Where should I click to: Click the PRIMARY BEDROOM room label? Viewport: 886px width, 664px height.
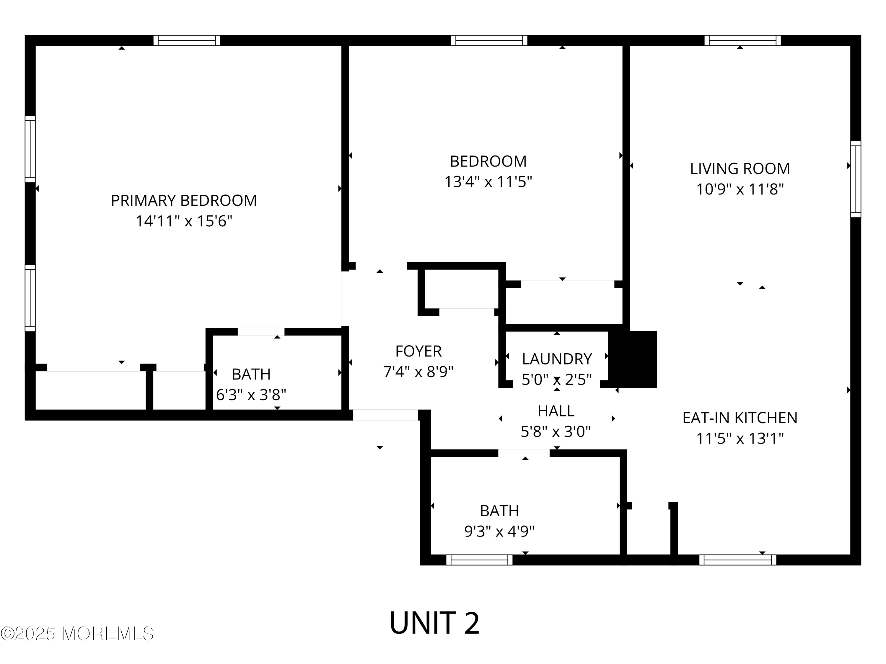coord(184,200)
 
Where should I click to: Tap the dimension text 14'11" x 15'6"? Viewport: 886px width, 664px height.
coord(184,221)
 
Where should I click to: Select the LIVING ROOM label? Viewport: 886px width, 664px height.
coord(740,169)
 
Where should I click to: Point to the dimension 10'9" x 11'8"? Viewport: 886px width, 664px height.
coord(740,189)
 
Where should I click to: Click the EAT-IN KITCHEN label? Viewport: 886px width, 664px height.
coord(740,418)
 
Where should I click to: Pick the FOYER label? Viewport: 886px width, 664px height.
coord(418,351)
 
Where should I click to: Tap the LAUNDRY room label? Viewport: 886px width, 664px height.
coord(557,359)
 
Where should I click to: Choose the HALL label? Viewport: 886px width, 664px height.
coord(556,411)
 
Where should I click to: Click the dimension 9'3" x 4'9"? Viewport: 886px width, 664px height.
coord(499,531)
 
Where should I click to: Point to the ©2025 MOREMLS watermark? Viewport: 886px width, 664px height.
coord(77,634)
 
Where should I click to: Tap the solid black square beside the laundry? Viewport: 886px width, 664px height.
coord(633,359)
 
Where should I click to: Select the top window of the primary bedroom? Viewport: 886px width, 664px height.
coord(187,40)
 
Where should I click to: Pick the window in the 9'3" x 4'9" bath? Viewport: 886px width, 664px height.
coord(479,560)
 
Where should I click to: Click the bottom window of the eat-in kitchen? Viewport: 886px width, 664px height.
coord(738,560)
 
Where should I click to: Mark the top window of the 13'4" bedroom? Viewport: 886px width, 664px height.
coord(489,40)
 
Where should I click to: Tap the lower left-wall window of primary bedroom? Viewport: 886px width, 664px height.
coord(30,298)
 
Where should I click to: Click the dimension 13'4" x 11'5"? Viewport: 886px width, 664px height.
coord(488,182)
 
